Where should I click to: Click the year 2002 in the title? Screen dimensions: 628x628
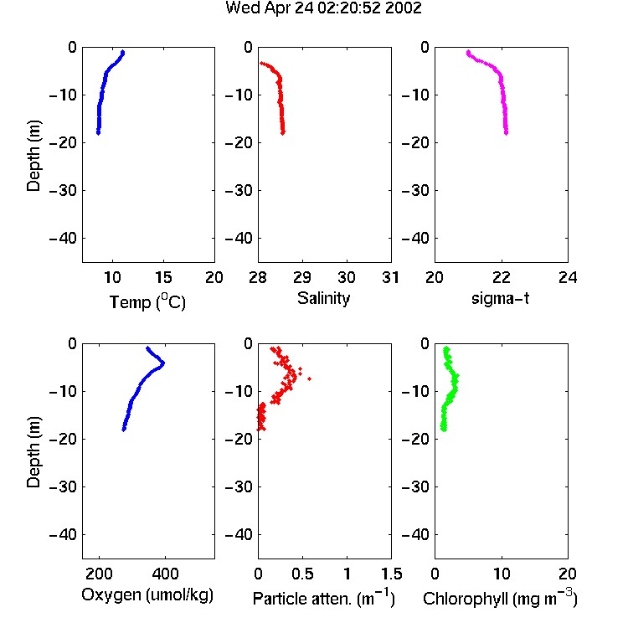coord(404,8)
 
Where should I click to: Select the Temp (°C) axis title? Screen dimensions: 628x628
coord(147,301)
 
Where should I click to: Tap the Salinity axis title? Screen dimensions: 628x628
coord(323,298)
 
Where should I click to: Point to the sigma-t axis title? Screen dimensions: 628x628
coord(500,298)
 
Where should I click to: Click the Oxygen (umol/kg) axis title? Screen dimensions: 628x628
coord(147,595)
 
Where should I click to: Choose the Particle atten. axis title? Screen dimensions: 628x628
coord(324,598)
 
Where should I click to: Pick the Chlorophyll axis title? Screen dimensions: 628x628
coord(500,598)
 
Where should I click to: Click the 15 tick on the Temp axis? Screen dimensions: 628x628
coord(163,277)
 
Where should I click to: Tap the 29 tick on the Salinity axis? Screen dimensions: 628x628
coord(302,277)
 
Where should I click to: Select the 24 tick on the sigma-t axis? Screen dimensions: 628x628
coord(568,277)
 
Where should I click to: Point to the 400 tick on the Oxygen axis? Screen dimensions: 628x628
coord(165,574)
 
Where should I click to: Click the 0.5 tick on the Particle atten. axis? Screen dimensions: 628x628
coord(302,574)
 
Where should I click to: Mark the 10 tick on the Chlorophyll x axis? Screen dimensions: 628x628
coord(502,574)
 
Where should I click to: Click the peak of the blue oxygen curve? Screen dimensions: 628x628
coord(163,364)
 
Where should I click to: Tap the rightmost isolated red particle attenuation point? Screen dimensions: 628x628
coord(309,378)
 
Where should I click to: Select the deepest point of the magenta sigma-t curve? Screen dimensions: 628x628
coord(507,132)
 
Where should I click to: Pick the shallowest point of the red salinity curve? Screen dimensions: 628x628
coord(261,63)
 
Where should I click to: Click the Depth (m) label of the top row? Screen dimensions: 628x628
coord(33,156)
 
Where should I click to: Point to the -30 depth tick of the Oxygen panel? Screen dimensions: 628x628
coord(63,487)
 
